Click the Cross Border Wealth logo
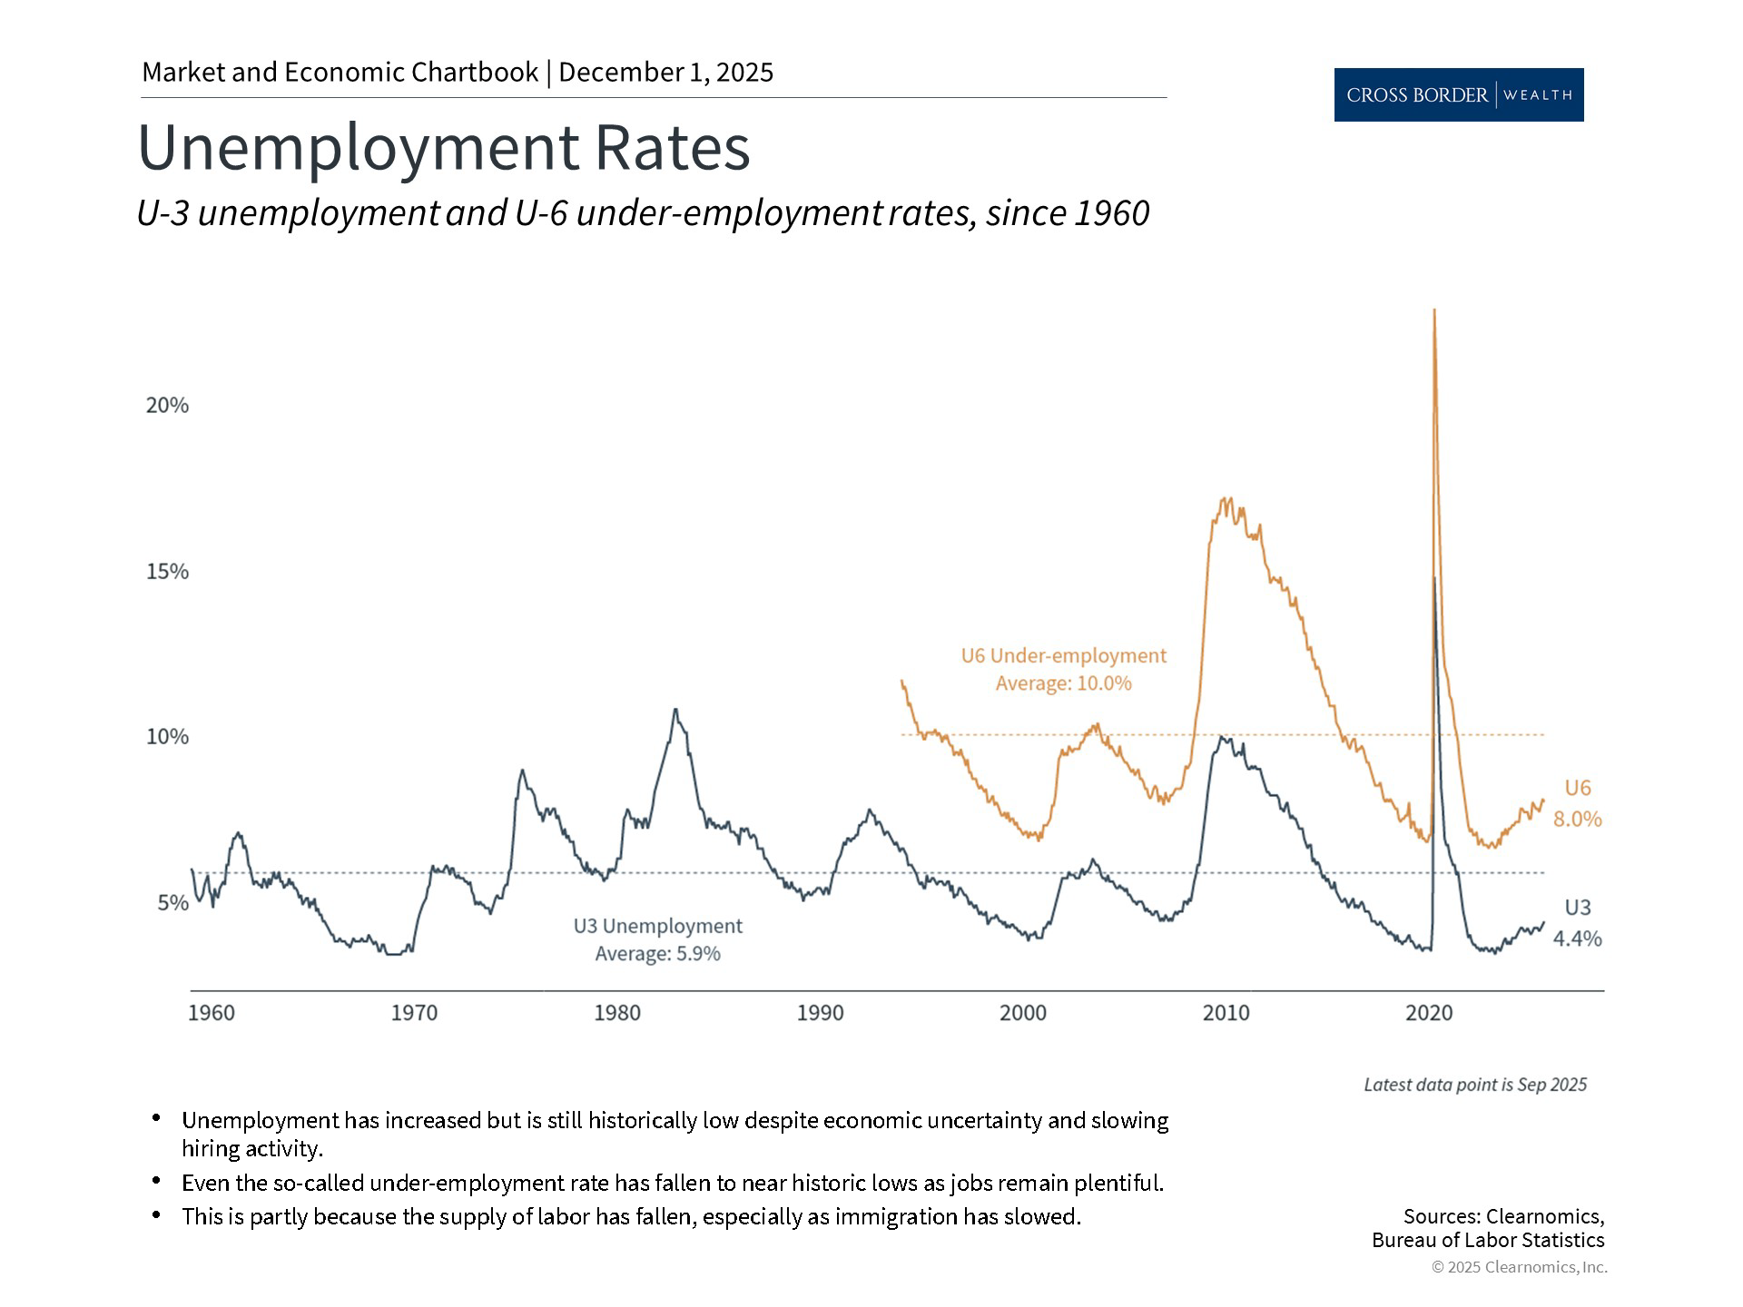[x=1458, y=94]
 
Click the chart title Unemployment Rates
[x=443, y=147]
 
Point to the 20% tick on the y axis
[x=167, y=406]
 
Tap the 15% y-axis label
[x=167, y=572]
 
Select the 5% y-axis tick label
[x=172, y=903]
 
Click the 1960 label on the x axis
[x=211, y=1013]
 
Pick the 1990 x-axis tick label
[x=820, y=1013]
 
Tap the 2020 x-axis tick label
[x=1429, y=1013]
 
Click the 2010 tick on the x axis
[x=1226, y=1013]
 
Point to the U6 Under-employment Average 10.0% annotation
[x=1063, y=669]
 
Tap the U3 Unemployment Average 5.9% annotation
[x=657, y=939]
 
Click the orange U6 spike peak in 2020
[x=1433, y=311]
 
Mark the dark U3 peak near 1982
[x=675, y=710]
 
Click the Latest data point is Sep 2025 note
[x=1474, y=1085]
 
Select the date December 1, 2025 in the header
[x=665, y=73]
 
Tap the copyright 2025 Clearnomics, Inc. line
[x=1519, y=1267]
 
